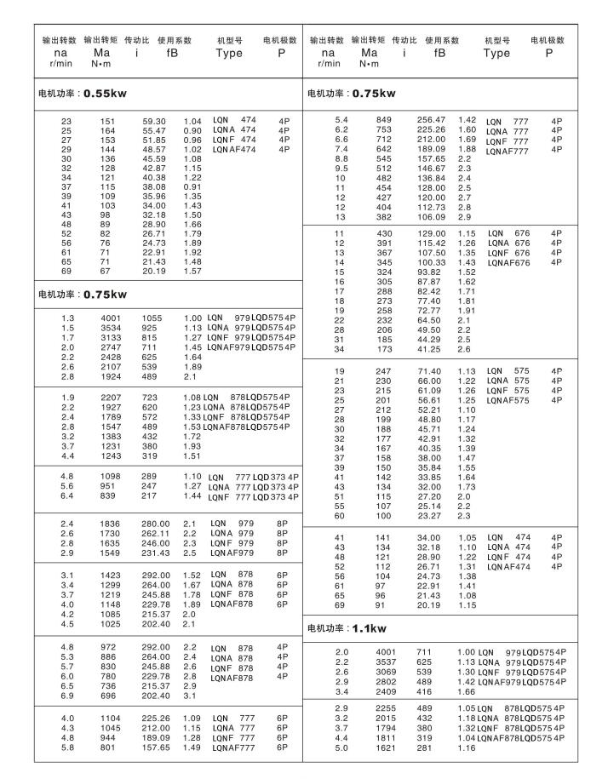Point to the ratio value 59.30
(154, 121)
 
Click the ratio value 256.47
(431, 120)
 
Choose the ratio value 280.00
(156, 523)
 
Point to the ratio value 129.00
(431, 233)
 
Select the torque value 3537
(386, 662)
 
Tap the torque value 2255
(386, 708)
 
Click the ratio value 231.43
(156, 552)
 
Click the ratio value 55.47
(154, 130)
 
